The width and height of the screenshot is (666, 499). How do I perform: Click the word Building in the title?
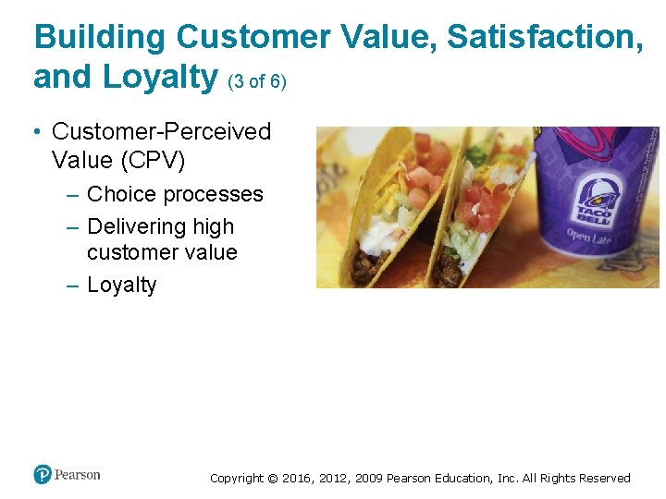tap(100, 38)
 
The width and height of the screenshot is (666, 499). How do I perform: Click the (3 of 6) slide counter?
tap(256, 82)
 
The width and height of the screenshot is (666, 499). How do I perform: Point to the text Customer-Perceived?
tap(162, 132)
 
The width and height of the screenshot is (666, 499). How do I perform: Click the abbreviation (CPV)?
tap(152, 160)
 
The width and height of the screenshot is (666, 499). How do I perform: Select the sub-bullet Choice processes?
tap(175, 194)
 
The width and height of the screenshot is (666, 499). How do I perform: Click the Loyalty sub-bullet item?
tap(121, 285)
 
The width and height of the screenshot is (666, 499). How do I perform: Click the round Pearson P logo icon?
tap(43, 475)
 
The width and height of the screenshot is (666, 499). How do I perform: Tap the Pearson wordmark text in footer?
tap(77, 475)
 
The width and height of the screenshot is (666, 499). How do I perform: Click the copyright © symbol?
tap(272, 479)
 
